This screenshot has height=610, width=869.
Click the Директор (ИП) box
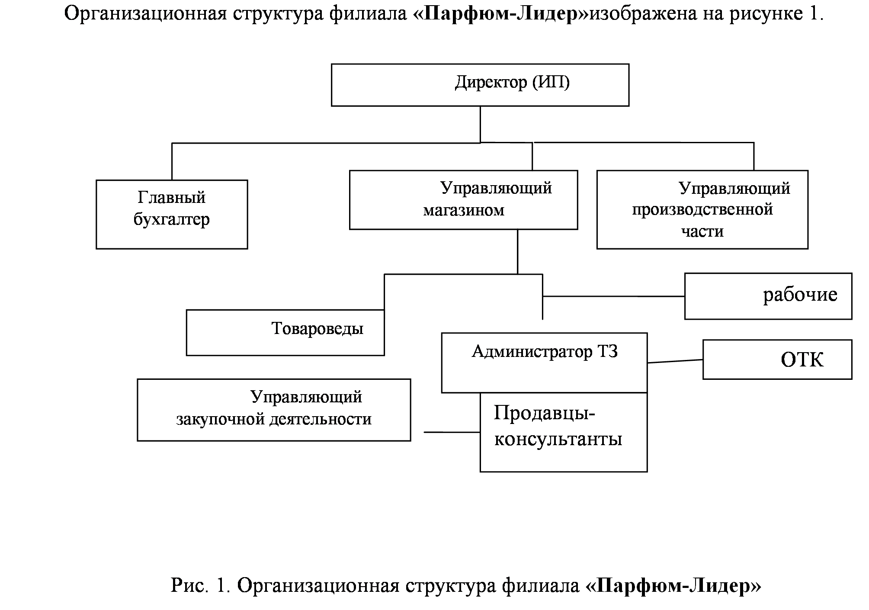pyautogui.click(x=480, y=85)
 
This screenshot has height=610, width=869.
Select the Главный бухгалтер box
pyautogui.click(x=172, y=215)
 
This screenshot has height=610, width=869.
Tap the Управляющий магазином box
pyautogui.click(x=463, y=200)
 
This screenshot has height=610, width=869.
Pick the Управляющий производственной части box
pyautogui.click(x=702, y=209)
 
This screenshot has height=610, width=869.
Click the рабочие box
pyautogui.click(x=768, y=296)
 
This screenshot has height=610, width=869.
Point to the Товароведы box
pyautogui.click(x=285, y=332)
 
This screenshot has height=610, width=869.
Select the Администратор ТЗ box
pyautogui.click(x=544, y=363)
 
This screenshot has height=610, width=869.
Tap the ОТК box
pyautogui.click(x=777, y=360)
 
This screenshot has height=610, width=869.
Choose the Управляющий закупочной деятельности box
pyautogui.click(x=274, y=410)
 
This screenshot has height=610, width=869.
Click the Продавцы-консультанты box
pyautogui.click(x=564, y=432)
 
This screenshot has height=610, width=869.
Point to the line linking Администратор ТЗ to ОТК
pyautogui.click(x=675, y=361)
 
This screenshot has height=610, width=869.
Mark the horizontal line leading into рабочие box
pyautogui.click(x=614, y=296)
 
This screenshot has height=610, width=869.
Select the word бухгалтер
pyautogui.click(x=172, y=219)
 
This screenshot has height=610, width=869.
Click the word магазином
pyautogui.click(x=464, y=210)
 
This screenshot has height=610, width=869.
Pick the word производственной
pyautogui.click(x=702, y=210)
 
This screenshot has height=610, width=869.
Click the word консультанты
pyautogui.click(x=558, y=440)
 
